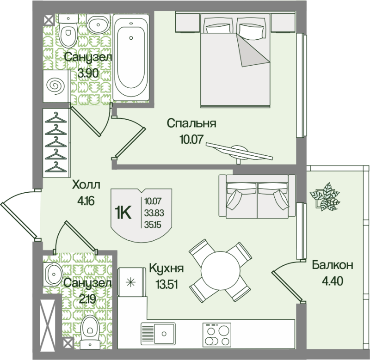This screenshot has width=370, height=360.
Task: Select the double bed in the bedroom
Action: (235, 60)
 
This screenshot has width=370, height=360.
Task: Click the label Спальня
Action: (191, 123)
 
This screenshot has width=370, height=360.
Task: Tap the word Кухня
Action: (166, 268)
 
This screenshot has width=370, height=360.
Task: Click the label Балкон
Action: (332, 265)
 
